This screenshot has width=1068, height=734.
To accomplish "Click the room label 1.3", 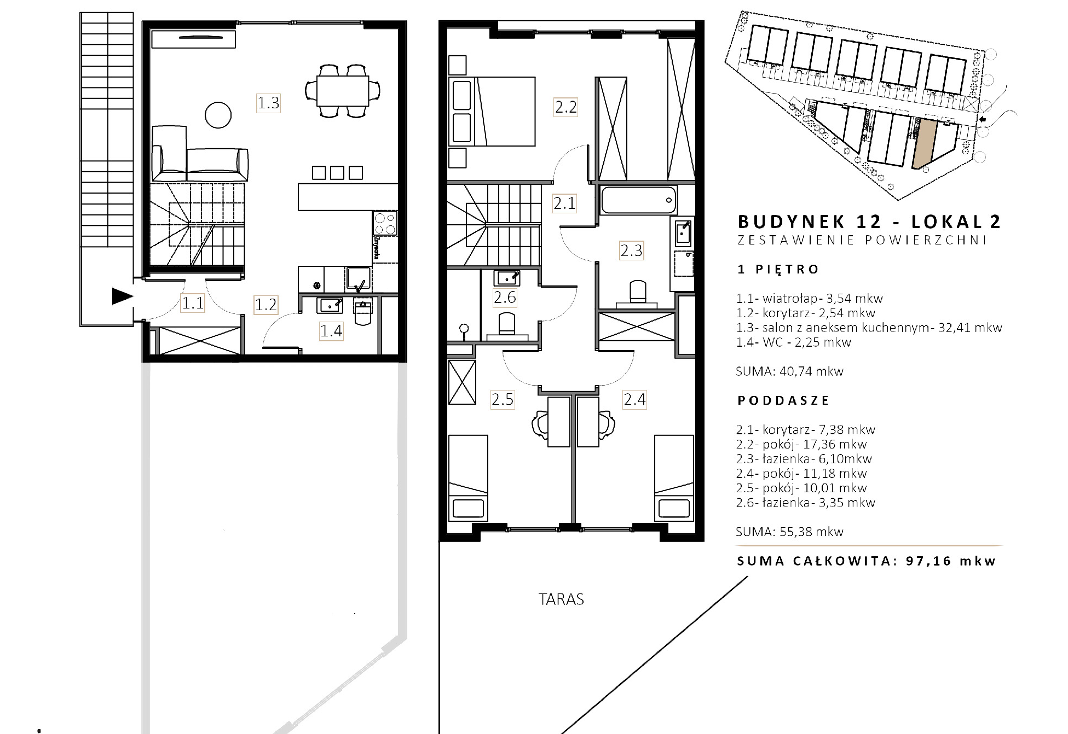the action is tap(268, 103).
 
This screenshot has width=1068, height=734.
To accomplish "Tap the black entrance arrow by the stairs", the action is tap(123, 296).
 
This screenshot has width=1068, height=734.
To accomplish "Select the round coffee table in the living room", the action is tap(218, 115).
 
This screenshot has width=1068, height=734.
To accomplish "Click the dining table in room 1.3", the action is tap(343, 91).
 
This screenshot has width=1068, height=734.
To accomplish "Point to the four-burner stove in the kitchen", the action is tap(385, 223).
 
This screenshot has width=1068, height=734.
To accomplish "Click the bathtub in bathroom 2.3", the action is tap(639, 201).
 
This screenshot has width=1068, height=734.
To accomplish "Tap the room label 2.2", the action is tap(565, 107).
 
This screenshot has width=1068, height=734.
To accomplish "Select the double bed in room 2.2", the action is tap(492, 112).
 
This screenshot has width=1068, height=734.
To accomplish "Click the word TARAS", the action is tap(561, 599).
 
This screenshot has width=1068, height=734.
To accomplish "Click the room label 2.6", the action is tap(505, 298).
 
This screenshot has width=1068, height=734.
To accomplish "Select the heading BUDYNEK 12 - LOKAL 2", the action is tap(869, 222).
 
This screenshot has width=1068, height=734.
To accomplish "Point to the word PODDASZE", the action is tap(783, 400).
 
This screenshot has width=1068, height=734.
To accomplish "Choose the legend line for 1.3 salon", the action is tap(869, 328).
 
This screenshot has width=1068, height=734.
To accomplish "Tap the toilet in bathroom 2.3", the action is tap(637, 293).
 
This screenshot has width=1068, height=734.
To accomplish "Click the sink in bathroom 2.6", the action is tap(507, 278).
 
